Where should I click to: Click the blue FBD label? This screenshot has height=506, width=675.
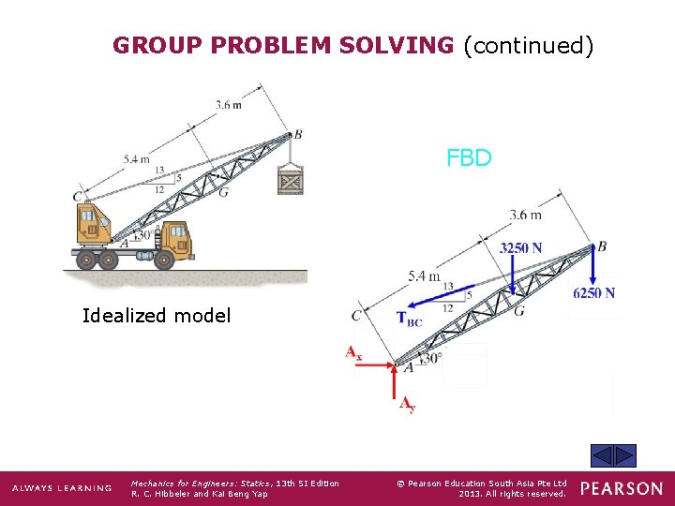(469, 157)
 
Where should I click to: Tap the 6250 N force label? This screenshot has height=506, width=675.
(593, 293)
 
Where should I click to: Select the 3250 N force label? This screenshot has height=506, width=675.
(520, 248)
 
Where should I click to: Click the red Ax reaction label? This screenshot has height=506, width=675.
(353, 353)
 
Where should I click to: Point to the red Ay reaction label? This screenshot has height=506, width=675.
(407, 405)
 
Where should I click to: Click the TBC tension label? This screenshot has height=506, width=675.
(410, 319)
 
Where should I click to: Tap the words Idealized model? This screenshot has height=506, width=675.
(156, 316)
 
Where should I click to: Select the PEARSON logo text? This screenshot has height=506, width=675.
(620, 488)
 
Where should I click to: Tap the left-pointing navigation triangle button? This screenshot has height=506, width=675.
(601, 456)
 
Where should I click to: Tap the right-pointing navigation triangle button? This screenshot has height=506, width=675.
(624, 456)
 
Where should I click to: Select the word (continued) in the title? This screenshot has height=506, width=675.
(528, 45)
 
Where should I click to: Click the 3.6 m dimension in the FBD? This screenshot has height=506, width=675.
(525, 215)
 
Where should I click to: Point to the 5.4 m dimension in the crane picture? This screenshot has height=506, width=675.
(136, 159)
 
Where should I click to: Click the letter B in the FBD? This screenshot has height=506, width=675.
(602, 246)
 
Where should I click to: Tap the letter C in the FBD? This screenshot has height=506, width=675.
(355, 316)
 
